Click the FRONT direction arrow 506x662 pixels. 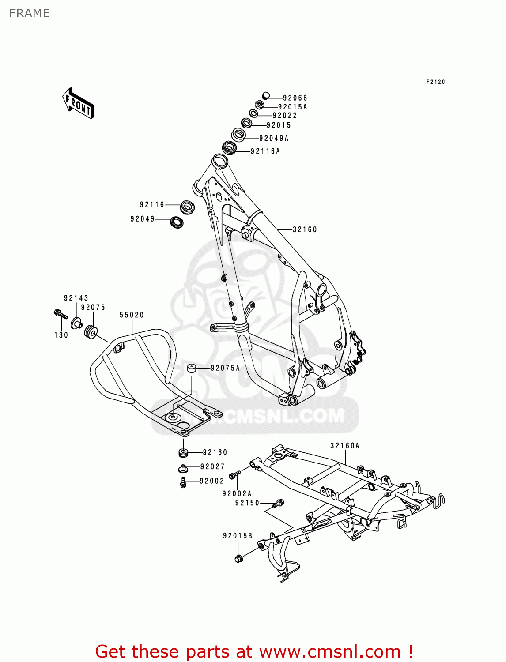[78, 103]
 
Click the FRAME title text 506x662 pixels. [30, 13]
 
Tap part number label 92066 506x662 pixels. [295, 98]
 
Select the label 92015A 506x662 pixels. [292, 107]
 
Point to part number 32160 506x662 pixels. [305, 229]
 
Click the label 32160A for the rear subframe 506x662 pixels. [345, 446]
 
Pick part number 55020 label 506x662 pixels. [132, 315]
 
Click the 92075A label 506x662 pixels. [225, 368]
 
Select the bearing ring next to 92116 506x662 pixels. [188, 207]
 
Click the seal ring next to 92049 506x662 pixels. [177, 222]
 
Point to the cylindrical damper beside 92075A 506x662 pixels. [192, 368]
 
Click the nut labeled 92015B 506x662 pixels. [239, 559]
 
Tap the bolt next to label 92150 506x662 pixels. [279, 503]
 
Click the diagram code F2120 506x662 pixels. [435, 82]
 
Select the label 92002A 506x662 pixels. [237, 494]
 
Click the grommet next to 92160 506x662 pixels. [183, 452]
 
